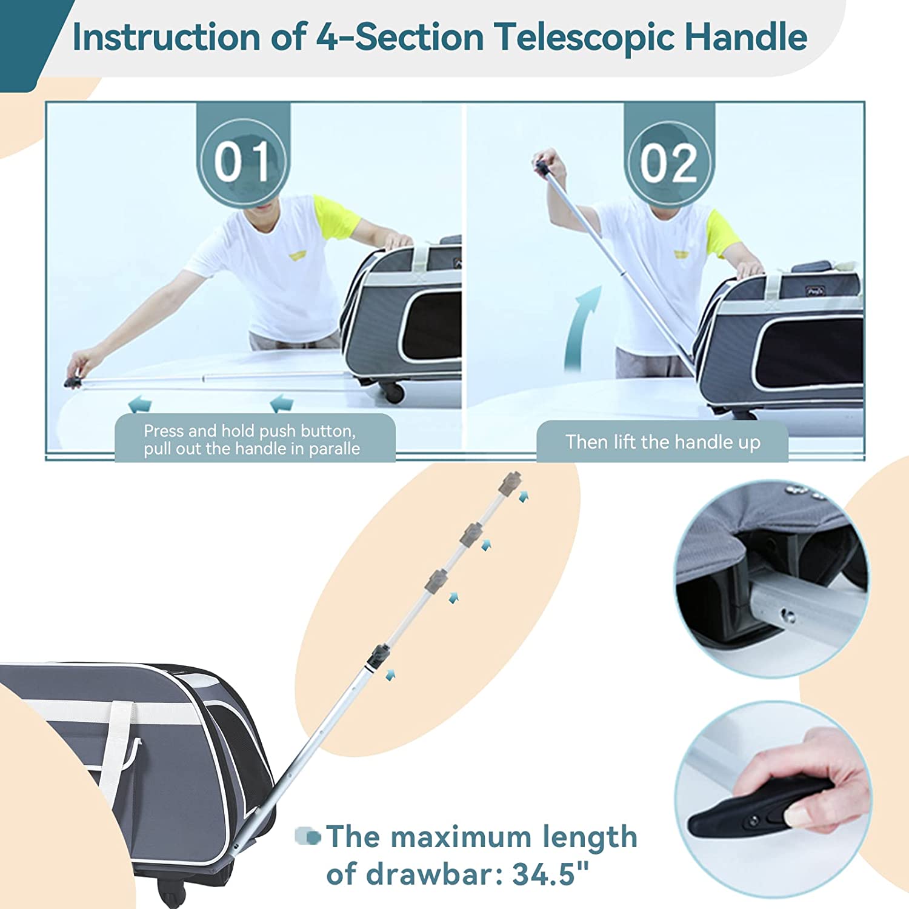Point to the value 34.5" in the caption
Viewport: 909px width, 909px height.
tap(550, 874)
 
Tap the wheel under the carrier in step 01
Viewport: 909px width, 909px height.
tap(393, 393)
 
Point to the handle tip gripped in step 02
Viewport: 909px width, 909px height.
tap(541, 166)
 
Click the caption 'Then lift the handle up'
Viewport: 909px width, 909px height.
tap(663, 442)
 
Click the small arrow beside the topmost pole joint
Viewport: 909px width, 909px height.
tap(524, 497)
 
